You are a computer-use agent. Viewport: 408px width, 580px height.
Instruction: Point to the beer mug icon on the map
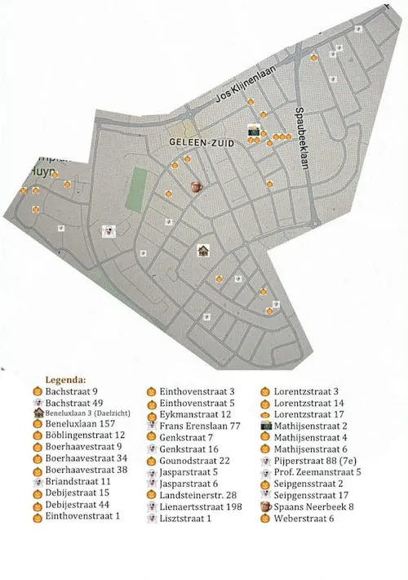click(x=196, y=186)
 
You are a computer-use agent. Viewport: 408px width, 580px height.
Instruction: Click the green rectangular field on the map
click(x=137, y=189)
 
